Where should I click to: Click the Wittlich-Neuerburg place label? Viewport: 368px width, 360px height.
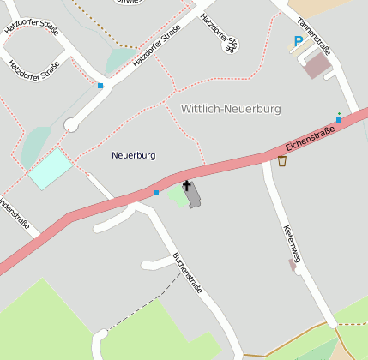(231, 109)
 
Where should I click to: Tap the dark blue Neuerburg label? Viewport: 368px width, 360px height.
(134, 155)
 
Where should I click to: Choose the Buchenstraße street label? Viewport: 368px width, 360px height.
(187, 273)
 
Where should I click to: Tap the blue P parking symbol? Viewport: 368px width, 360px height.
(298, 40)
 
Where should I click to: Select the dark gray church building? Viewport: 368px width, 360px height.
(194, 195)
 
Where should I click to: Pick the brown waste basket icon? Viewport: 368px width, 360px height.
(281, 160)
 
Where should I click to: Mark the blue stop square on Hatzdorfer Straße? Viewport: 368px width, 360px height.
(100, 86)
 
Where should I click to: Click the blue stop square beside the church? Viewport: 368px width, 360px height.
(156, 193)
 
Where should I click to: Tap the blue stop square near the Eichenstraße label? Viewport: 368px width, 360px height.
(339, 120)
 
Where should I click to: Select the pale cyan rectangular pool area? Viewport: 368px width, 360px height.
(51, 168)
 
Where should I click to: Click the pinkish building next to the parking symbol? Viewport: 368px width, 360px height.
(317, 64)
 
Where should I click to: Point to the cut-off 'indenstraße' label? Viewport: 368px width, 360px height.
(16, 214)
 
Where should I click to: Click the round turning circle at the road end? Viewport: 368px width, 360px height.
(71, 125)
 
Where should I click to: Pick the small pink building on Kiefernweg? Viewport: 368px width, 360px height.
(293, 266)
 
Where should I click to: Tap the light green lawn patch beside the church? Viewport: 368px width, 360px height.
(177, 195)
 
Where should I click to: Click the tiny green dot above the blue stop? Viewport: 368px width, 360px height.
(339, 113)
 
